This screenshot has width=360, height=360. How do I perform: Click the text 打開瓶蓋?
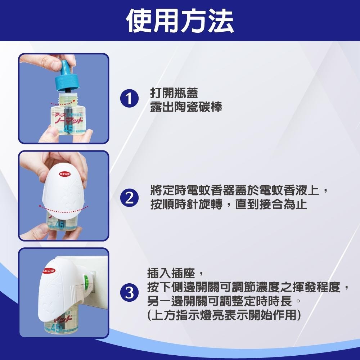pos(174,93)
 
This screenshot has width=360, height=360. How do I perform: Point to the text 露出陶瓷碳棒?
pos(186,107)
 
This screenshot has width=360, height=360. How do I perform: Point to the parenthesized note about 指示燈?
pos(224,315)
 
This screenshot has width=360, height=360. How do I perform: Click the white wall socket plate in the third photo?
pos(96,284)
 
